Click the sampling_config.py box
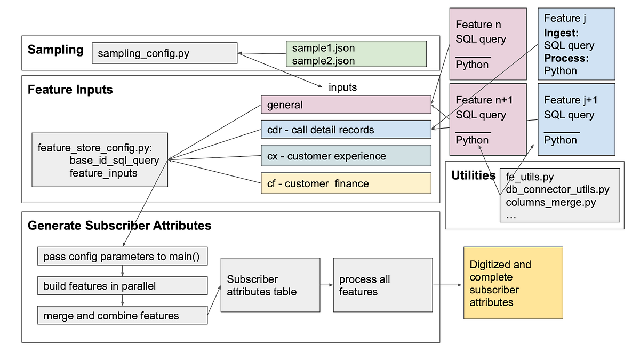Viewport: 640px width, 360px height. (164, 53)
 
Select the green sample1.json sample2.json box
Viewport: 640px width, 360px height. (356, 54)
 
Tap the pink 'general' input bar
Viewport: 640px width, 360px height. (346, 105)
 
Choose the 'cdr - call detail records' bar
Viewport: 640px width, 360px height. (346, 130)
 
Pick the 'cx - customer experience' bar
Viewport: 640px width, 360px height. (346, 156)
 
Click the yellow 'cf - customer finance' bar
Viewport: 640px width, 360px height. (346, 183)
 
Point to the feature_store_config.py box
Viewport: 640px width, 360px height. (100, 159)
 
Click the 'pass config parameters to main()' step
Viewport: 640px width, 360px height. (122, 257)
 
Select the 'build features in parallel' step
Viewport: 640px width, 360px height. (122, 286)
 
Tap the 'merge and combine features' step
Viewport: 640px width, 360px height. (122, 315)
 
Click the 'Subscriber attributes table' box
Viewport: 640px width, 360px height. (270, 285)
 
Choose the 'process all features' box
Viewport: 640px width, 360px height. (382, 285)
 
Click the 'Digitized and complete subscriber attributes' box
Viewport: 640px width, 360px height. (513, 283)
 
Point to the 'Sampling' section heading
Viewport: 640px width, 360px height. (55, 50)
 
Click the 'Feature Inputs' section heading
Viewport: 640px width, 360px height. (70, 90)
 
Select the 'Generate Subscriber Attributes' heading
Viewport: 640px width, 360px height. (119, 226)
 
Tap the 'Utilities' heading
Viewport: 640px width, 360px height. (473, 175)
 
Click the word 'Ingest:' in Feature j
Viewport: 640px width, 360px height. (562, 33)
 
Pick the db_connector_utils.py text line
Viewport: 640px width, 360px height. (557, 189)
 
